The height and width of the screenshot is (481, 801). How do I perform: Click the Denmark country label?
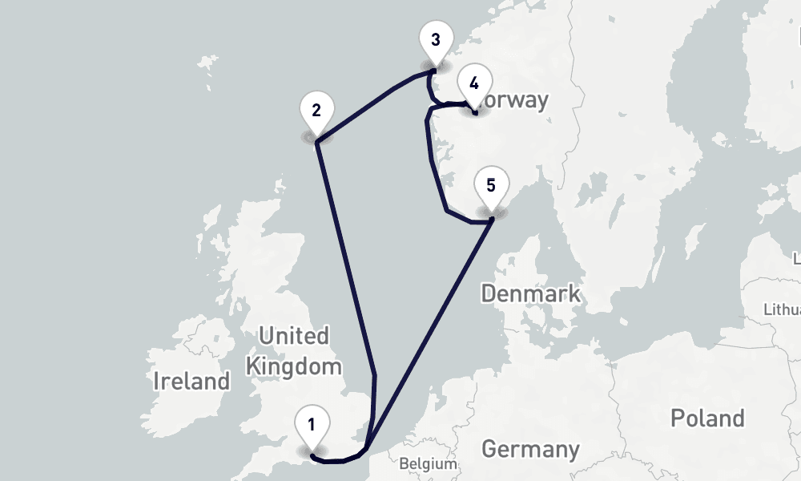(x=531, y=293)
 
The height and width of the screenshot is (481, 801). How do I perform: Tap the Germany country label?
(x=530, y=449)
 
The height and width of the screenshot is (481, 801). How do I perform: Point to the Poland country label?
(x=707, y=418)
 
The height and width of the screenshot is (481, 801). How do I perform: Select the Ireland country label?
(x=191, y=381)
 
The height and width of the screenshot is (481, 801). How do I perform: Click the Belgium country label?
(x=428, y=463)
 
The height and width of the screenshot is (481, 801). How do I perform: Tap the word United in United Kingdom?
(x=294, y=335)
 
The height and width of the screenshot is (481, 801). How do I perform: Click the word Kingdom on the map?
(x=294, y=367)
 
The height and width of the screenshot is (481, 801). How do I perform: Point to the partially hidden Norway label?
(x=513, y=100)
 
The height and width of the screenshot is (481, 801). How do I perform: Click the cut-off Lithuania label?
(x=783, y=309)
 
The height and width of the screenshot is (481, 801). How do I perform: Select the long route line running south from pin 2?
(x=345, y=257)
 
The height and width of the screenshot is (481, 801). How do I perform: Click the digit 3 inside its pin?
(x=435, y=39)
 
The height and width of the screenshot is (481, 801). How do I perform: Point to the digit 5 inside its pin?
(x=491, y=185)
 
